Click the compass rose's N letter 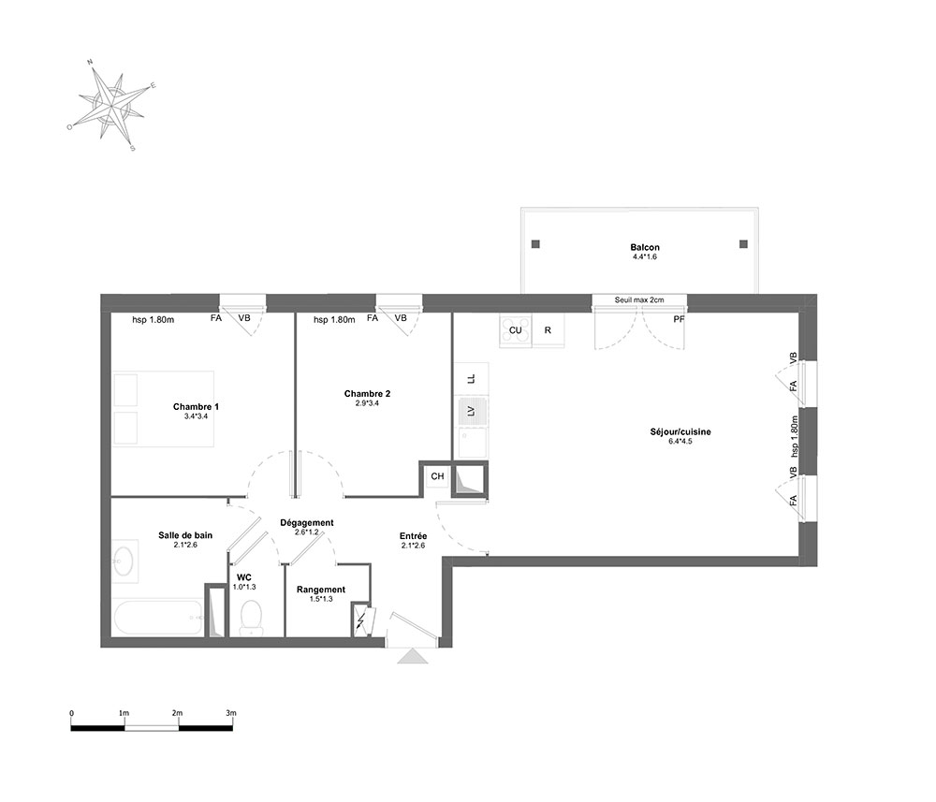90,62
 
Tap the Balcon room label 645,247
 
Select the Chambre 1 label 196,406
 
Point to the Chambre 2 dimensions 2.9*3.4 367,403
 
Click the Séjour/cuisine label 680,431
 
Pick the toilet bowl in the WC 251,617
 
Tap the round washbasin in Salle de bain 124,561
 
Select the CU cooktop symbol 516,330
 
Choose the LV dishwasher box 472,411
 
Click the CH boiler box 437,476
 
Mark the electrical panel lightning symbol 360,621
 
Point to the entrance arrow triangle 413,656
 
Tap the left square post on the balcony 535,244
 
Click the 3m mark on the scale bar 231,713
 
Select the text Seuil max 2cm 639,299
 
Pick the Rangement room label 321,590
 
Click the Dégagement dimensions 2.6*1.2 307,532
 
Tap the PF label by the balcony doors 679,319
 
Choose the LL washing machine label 471,379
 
